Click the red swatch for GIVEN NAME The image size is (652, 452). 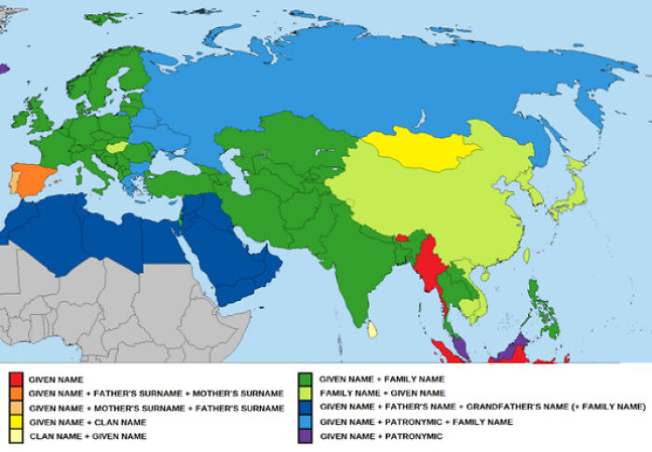coord(15,379)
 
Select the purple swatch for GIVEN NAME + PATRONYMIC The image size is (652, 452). coord(304,435)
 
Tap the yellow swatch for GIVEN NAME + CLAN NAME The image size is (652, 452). coord(15,421)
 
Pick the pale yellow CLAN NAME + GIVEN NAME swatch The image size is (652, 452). coord(15,435)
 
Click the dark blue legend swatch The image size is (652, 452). coord(304,407)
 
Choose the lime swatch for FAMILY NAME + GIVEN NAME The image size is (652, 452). coord(304,393)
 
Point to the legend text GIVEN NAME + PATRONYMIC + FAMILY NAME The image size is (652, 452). coord(415,421)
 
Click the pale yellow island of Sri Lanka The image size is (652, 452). coord(373,329)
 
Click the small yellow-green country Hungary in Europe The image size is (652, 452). coord(116,146)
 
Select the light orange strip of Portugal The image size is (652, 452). coord(14,181)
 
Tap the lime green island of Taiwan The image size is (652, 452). coord(527,254)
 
